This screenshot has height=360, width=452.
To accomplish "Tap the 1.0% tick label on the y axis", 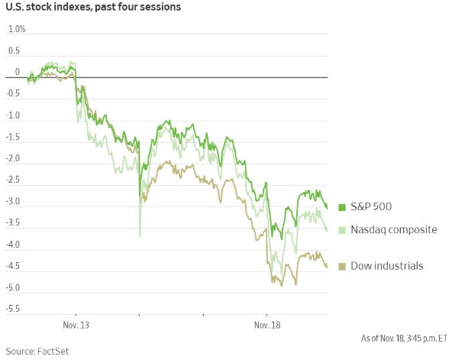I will tap(16, 29).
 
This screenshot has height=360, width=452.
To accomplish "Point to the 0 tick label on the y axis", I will tap(17, 73).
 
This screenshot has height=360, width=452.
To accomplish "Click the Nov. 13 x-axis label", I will tap(76, 325).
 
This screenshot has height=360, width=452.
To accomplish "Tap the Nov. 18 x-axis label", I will tap(266, 325).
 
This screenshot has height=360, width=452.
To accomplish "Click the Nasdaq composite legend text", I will tap(393, 229).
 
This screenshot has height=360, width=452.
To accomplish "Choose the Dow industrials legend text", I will tap(386, 265).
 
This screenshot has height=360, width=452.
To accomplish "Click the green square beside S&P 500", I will tap(343, 207).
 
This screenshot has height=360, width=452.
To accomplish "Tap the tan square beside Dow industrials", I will tap(343, 265).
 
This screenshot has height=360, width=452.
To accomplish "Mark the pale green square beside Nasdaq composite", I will tap(343, 229).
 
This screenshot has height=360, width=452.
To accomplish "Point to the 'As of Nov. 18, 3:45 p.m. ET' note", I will tap(404, 337).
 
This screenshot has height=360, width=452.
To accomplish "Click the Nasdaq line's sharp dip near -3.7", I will tap(140, 235).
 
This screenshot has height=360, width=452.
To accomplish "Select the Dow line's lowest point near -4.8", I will tap(281, 285).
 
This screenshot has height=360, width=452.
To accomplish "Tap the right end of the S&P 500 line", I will tap(328, 207).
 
